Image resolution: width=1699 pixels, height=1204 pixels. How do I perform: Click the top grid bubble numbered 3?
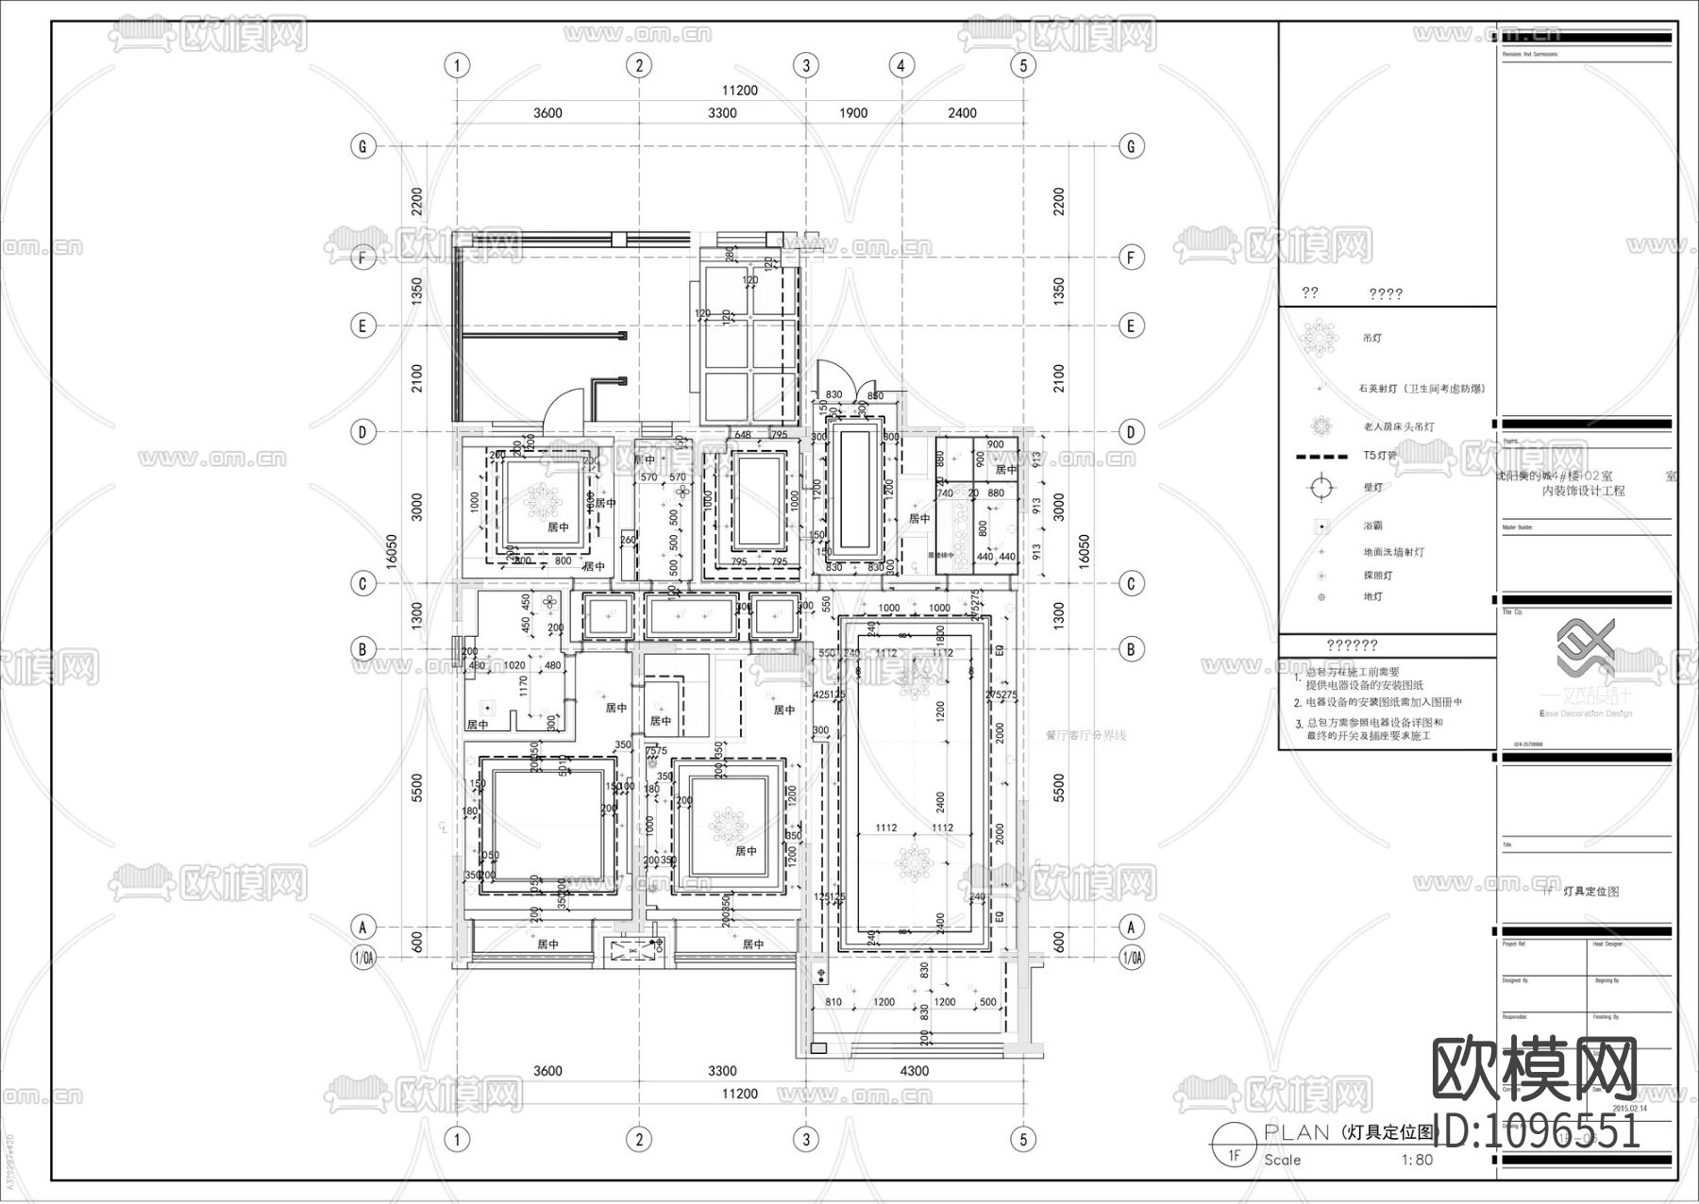click(805, 65)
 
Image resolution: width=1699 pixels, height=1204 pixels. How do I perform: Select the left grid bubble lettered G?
click(362, 146)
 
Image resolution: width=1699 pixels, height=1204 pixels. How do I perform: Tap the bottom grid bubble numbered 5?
click(1023, 1139)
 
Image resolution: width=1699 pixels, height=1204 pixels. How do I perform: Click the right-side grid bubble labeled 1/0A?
click(1132, 958)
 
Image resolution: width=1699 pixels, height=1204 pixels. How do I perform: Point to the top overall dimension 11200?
click(740, 91)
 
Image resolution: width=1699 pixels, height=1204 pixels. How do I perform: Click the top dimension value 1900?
click(852, 113)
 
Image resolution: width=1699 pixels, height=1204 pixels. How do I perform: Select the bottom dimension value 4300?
click(914, 1071)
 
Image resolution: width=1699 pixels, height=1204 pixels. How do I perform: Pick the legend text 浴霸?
click(1372, 526)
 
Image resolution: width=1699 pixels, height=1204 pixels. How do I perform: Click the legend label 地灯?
click(1372, 596)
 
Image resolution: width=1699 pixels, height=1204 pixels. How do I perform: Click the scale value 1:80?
click(1417, 1160)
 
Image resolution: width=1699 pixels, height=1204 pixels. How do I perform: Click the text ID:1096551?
click(1539, 1128)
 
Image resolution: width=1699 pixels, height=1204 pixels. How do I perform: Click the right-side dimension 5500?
click(1058, 788)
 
